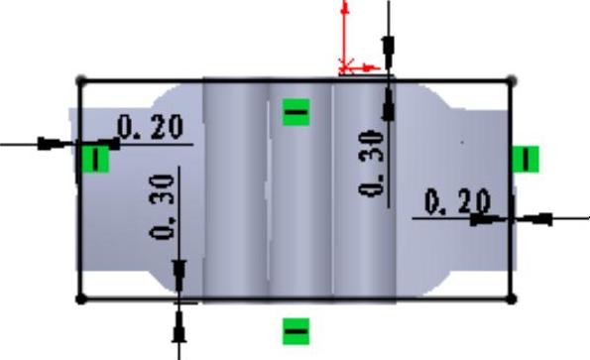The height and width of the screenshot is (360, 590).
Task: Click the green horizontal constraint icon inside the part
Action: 296,112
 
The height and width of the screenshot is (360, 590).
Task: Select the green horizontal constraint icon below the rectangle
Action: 296,331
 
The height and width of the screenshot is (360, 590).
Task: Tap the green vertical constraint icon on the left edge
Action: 95,159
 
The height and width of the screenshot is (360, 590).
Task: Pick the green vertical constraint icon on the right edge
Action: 526,159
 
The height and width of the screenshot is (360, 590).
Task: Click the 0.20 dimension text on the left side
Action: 151,127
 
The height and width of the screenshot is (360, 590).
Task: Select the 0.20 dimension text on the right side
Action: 457,201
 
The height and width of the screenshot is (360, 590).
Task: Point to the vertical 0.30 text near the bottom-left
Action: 163,207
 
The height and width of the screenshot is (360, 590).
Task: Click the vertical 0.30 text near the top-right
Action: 372,163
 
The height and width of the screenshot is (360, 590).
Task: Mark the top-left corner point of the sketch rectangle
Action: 80,80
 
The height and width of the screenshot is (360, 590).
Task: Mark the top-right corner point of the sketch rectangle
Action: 512,80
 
